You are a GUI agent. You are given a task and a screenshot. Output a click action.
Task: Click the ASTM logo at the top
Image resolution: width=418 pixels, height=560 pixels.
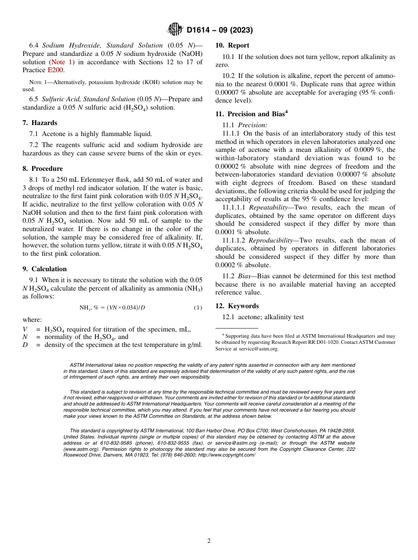175,29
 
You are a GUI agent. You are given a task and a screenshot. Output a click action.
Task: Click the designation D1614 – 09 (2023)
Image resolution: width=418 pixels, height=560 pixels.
220,30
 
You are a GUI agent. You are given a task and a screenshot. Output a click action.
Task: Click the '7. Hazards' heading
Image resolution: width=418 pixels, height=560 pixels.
40,123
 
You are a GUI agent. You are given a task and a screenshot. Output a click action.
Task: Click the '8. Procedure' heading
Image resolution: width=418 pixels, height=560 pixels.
43,169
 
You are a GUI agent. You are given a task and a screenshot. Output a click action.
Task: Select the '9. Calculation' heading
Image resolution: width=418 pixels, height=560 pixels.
44,269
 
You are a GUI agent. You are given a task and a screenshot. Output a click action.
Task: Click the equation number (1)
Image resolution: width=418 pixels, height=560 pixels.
198,307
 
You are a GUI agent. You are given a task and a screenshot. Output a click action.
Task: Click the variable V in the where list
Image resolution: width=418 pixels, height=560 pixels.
25,329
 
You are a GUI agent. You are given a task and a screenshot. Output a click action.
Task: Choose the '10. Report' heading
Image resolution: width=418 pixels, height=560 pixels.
232,45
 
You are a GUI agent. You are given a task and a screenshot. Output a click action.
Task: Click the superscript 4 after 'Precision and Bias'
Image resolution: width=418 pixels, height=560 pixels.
286,112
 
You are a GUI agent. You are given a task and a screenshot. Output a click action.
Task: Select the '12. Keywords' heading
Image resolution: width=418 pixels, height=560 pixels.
237,306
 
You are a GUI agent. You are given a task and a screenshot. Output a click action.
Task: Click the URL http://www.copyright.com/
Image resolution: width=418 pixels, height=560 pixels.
227,455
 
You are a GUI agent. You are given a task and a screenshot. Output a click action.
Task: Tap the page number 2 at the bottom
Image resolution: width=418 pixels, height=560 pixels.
209,541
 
